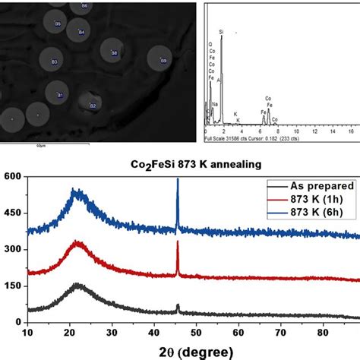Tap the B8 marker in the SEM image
(x=115, y=54)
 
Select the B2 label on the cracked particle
(x=93, y=106)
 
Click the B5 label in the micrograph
(x=57, y=24)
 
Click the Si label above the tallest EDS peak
(x=222, y=33)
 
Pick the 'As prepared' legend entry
(x=310, y=185)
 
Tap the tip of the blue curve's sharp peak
(x=178, y=179)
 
